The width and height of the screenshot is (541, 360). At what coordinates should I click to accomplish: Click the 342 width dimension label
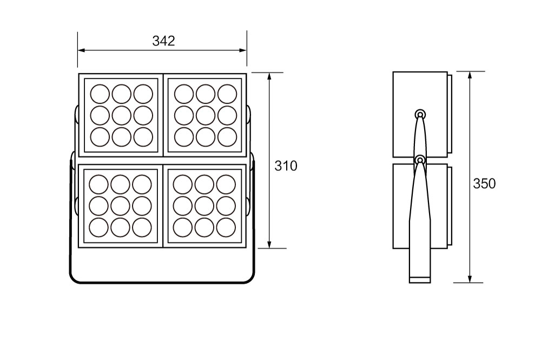coord(163,41)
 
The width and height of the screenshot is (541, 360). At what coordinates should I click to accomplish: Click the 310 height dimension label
coord(286,166)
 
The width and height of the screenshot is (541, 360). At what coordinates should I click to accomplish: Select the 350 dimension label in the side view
coord(484,184)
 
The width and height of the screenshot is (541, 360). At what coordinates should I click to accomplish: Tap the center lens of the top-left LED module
coord(121,115)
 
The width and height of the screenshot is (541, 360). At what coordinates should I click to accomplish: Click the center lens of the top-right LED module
coord(206,115)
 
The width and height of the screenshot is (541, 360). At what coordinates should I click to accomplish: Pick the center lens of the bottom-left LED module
coord(121,206)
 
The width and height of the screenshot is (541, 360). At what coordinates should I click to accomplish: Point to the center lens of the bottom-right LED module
coord(204,206)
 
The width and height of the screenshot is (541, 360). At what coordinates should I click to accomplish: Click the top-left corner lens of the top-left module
coord(100,94)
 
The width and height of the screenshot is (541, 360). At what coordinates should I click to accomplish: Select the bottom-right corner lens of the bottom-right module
coord(226,227)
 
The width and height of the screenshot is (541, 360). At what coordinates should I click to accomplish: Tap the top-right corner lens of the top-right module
coord(227,94)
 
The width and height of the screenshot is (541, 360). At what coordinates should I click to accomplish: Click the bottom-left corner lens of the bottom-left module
coord(99,227)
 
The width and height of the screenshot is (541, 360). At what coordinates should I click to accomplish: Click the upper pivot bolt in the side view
coord(420,114)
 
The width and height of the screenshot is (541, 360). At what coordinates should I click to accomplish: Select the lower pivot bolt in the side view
coord(420,160)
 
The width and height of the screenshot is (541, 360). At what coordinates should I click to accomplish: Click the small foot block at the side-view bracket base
coord(420,279)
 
